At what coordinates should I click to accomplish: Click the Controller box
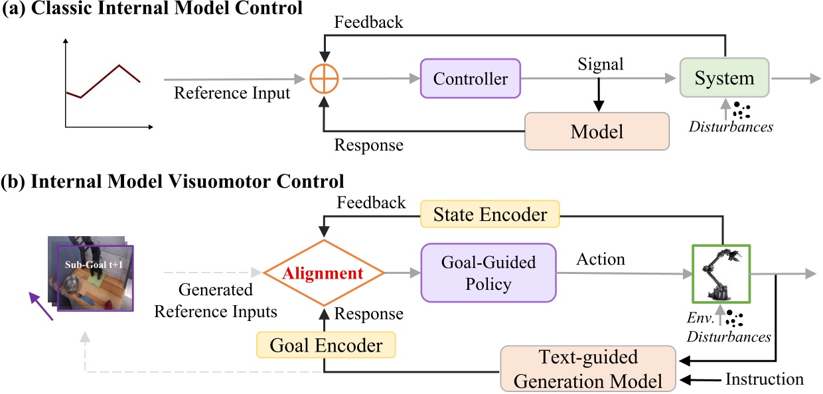click(x=471, y=79)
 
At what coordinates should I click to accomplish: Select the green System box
click(x=724, y=78)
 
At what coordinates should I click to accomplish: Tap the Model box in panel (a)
click(x=597, y=131)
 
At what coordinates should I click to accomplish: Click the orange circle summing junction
click(x=324, y=80)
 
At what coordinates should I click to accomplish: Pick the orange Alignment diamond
click(x=324, y=273)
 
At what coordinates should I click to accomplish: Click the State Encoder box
click(x=490, y=214)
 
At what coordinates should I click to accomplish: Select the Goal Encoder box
click(x=325, y=346)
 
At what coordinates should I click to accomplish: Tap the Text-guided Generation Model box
click(x=588, y=369)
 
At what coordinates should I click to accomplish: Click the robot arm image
click(x=721, y=273)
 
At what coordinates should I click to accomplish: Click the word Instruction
click(x=764, y=379)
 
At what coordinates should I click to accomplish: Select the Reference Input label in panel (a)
click(x=232, y=94)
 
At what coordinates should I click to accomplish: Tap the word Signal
click(x=600, y=64)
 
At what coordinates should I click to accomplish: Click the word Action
click(x=600, y=259)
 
